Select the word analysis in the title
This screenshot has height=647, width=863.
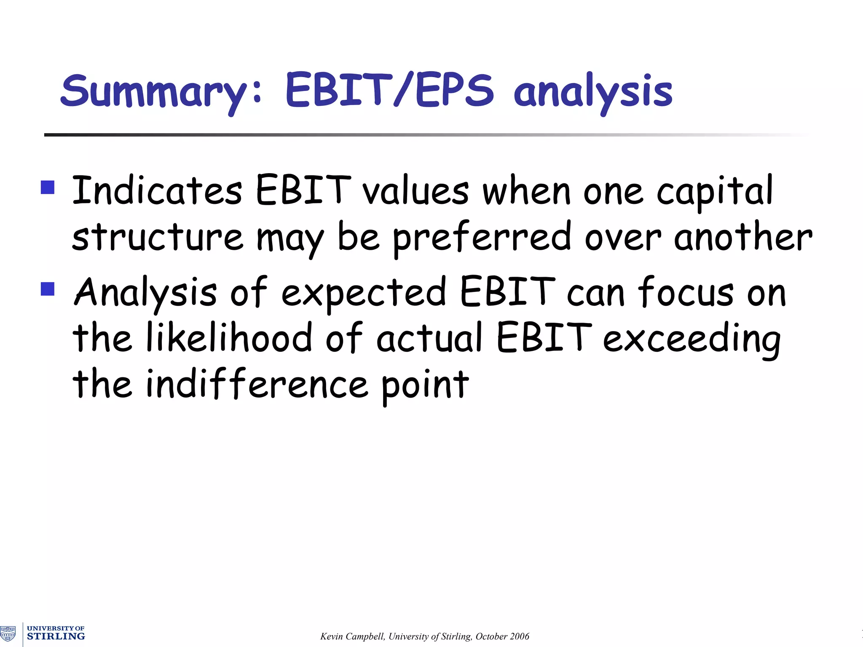point(593,93)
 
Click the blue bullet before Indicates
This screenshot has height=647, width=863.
point(48,187)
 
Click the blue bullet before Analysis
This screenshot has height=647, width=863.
point(48,289)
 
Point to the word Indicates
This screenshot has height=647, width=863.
point(157,190)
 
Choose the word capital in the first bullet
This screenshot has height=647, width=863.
point(715,192)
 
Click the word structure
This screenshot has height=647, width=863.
point(157,237)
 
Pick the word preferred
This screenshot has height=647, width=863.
point(482,238)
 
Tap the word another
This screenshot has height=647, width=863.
point(743,237)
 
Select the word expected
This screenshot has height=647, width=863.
point(363,293)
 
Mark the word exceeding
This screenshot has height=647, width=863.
point(691,340)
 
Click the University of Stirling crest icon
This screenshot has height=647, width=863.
point(8,633)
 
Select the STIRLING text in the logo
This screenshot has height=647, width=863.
point(56,636)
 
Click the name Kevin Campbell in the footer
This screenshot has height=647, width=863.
point(352,636)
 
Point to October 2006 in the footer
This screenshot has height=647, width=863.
point(502,636)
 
